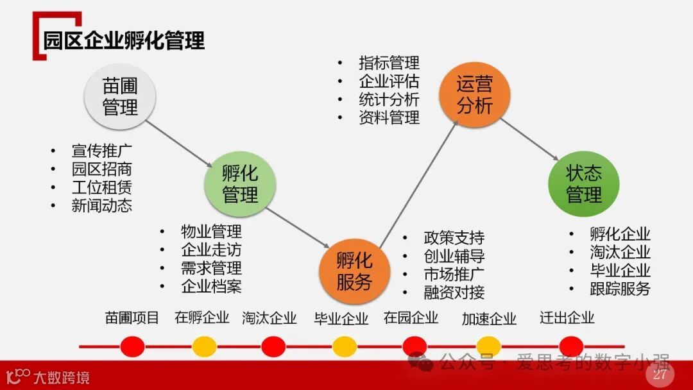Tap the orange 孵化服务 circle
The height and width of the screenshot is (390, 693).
pyautogui.click(x=354, y=270)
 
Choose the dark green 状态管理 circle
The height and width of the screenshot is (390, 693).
pyautogui.click(x=583, y=183)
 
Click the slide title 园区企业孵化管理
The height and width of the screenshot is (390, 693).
pyautogui.click(x=124, y=40)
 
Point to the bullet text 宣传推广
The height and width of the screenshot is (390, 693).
pyautogui.click(x=102, y=151)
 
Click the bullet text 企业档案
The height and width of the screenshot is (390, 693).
pyautogui.click(x=211, y=286)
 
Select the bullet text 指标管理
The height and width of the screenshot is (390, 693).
pyautogui.click(x=389, y=63)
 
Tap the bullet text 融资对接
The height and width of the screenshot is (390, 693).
pyautogui.click(x=454, y=292)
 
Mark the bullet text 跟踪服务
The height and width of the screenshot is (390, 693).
pyautogui.click(x=620, y=289)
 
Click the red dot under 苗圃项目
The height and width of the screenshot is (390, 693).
pyautogui.click(x=132, y=346)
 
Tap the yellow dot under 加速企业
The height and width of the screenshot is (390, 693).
pyautogui.click(x=488, y=346)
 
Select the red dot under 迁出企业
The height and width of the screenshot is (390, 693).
pyautogui.click(x=571, y=346)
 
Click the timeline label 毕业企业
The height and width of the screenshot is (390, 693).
pyautogui.click(x=341, y=318)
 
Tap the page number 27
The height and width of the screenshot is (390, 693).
pyautogui.click(x=660, y=375)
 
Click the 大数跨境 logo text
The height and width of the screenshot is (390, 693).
pyautogui.click(x=62, y=377)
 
